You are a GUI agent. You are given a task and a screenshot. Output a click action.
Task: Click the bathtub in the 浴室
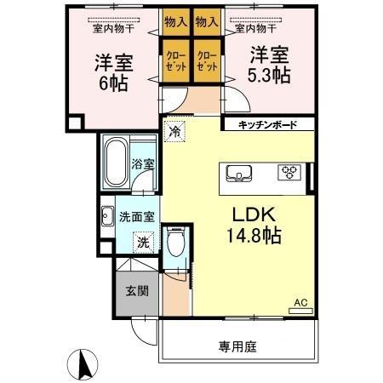[x=114, y=163]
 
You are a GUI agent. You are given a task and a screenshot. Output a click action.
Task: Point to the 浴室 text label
[x=144, y=164]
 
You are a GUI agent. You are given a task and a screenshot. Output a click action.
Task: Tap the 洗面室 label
[x=136, y=216]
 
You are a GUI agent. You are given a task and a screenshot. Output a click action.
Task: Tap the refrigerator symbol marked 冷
[x=174, y=131]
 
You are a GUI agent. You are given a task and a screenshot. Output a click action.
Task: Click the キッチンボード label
[x=266, y=125]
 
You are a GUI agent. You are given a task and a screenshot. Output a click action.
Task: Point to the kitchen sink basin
[x=238, y=174]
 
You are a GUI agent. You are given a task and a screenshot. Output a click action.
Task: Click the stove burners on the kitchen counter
[x=290, y=173]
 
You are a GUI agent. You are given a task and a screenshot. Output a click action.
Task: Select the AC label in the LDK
[x=300, y=301]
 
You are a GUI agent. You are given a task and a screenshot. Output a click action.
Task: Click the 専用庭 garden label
[x=237, y=346]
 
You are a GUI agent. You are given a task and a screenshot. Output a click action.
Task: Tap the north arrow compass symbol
[x=85, y=363]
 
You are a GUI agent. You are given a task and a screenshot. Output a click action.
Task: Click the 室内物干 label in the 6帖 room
[x=111, y=27]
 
